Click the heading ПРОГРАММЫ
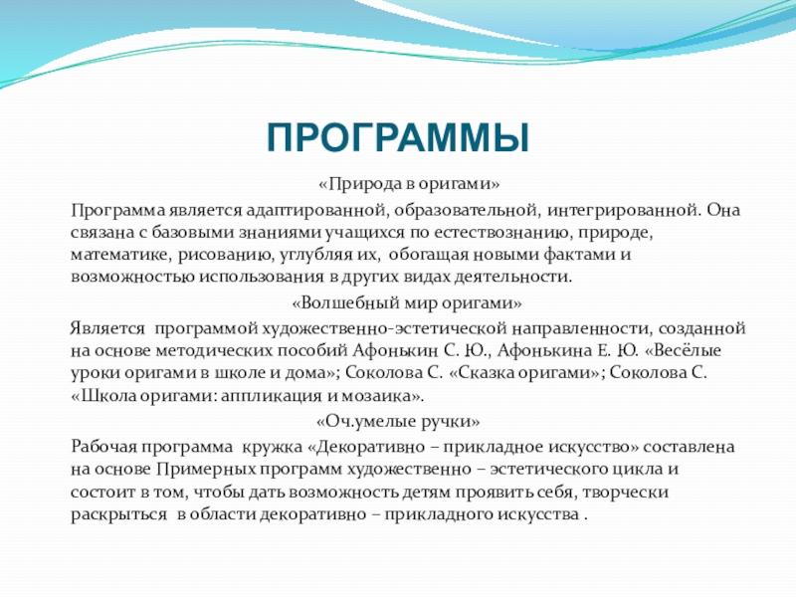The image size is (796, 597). click(x=398, y=137)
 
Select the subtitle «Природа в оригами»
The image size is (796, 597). click(x=409, y=184)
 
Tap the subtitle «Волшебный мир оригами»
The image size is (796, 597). click(x=407, y=303)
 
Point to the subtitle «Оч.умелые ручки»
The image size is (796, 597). click(x=398, y=421)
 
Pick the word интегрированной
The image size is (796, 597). click(x=624, y=210)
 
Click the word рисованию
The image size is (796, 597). click(x=225, y=255)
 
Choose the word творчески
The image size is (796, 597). click(x=626, y=492)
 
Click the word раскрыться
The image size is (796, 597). click(x=118, y=514)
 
